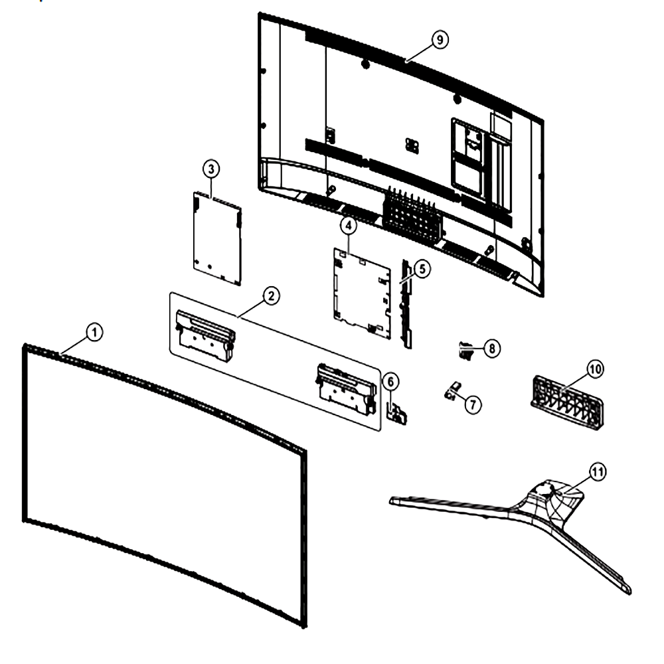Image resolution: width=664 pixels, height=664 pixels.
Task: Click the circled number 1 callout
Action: pyautogui.click(x=94, y=332)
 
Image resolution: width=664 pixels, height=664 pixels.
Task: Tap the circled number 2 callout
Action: pyautogui.click(x=271, y=295)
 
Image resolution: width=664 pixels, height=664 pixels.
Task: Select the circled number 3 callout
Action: pyautogui.click(x=211, y=169)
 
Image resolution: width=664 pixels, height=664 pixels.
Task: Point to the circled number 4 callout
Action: pyautogui.click(x=348, y=226)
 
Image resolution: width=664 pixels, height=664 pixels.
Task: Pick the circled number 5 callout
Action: pyautogui.click(x=422, y=268)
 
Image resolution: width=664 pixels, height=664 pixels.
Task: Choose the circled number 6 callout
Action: pyautogui.click(x=390, y=382)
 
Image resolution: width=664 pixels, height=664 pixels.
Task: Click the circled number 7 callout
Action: pyautogui.click(x=473, y=404)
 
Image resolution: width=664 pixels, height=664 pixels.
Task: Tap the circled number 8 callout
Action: pyautogui.click(x=491, y=349)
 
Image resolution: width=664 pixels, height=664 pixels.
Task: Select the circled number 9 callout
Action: pyautogui.click(x=440, y=40)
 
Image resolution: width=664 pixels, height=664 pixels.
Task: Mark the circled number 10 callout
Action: pyautogui.click(x=595, y=369)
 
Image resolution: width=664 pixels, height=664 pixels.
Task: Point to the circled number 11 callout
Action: pyautogui.click(x=598, y=471)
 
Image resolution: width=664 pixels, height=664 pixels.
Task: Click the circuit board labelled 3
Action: pyautogui.click(x=217, y=238)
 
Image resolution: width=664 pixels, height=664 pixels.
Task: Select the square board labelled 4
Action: pyautogui.click(x=362, y=293)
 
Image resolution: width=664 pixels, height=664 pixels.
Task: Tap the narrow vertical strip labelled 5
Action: pyautogui.click(x=406, y=304)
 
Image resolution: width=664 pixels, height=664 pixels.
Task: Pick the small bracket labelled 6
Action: pyautogui.click(x=397, y=413)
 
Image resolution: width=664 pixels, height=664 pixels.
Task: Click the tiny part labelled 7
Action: pyautogui.click(x=452, y=390)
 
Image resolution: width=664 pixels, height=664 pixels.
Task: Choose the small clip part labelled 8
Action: pyautogui.click(x=466, y=351)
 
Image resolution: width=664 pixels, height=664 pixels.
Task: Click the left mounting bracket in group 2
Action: pyautogui.click(x=205, y=335)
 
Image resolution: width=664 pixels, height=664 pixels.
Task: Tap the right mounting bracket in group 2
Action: pyautogui.click(x=347, y=388)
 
